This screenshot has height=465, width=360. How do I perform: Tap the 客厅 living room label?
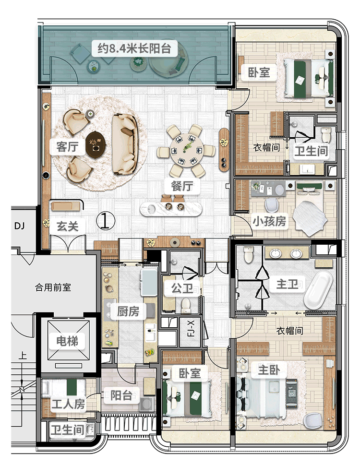pyautogui.click(x=67, y=147)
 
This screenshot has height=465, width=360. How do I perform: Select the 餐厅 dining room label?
pyautogui.click(x=181, y=185)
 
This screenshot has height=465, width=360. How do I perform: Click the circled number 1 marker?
pyautogui.click(x=106, y=220)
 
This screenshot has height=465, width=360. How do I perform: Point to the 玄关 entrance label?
pyautogui.click(x=67, y=226)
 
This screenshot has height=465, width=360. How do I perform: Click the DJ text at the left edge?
pyautogui.click(x=19, y=226)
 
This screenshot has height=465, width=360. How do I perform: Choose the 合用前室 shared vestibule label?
pyautogui.click(x=53, y=288)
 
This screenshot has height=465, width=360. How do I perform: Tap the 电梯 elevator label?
pyautogui.click(x=67, y=342)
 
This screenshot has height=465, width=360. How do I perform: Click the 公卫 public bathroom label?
pyautogui.click(x=182, y=288)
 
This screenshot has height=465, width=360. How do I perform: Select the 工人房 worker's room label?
pyautogui.click(x=68, y=404)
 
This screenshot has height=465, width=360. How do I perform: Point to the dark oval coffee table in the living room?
pyautogui.click(x=96, y=144)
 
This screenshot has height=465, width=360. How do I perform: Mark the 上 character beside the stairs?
pyautogui.click(x=22, y=357)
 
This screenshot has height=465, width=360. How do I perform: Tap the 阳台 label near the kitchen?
pyautogui.click(x=121, y=396)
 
